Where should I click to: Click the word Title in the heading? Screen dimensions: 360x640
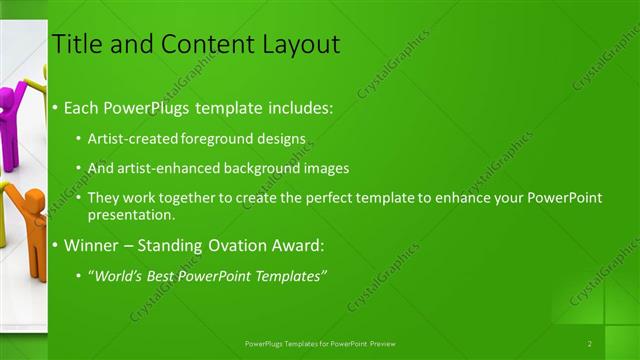pyautogui.click(x=76, y=44)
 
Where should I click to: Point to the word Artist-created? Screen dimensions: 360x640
pyautogui.click(x=135, y=138)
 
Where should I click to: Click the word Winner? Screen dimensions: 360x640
pyautogui.click(x=93, y=245)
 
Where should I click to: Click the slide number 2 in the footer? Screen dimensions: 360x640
pyautogui.click(x=590, y=344)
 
